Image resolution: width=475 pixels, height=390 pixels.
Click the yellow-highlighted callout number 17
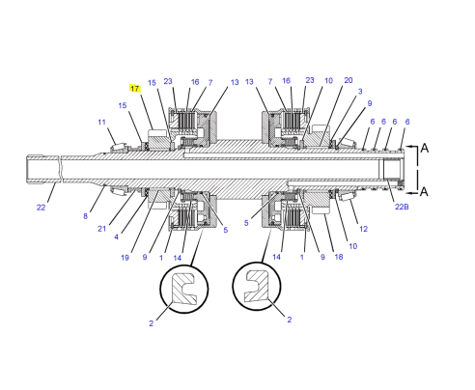tap(135, 88)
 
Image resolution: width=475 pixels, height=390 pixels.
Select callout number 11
tap(101, 123)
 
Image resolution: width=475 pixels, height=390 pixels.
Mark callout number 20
tap(348, 81)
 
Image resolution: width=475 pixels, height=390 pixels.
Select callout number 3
tap(360, 92)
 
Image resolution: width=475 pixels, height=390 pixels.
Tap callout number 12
tap(362, 229)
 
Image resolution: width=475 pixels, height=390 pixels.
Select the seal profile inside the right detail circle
tap(256, 288)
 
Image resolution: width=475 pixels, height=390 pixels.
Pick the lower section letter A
tap(424, 191)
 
